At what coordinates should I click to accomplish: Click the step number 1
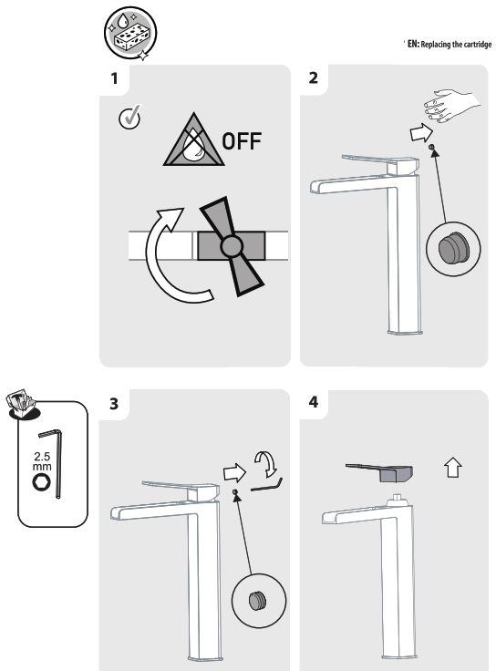point(114,77)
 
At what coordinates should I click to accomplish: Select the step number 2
point(314,77)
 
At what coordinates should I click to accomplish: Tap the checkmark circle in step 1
point(129,118)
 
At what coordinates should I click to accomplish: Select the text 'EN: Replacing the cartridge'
point(444,45)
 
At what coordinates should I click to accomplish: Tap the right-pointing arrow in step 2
point(417,133)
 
